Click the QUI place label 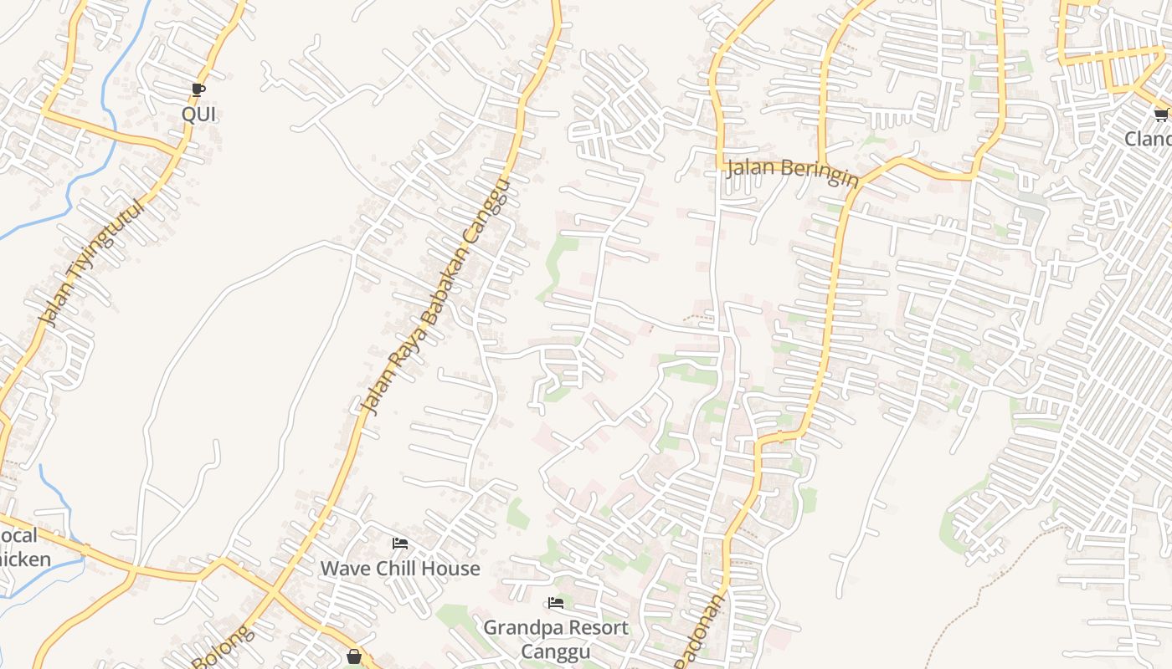pos(199,115)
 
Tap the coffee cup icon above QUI pos(198,89)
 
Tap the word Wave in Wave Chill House pos(344,569)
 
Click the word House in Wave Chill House pos(450,569)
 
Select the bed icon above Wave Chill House pos(400,544)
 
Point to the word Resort pos(596,627)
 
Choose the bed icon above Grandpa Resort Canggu pos(556,603)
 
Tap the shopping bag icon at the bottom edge pos(354,656)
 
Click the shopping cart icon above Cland pos(1162,115)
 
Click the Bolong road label pos(224,647)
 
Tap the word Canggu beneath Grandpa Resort pos(556,651)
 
